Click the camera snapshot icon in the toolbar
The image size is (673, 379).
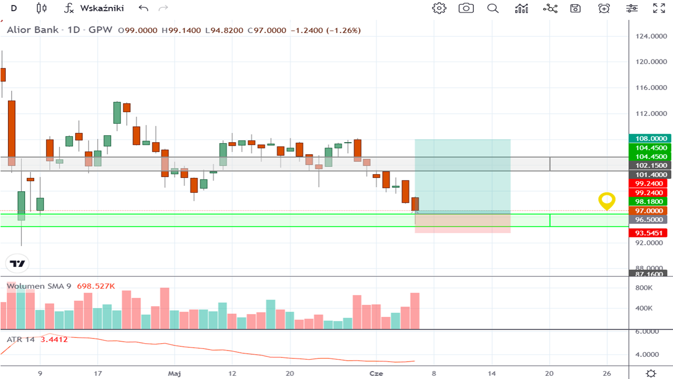point(466,8)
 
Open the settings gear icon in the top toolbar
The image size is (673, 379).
point(439,8)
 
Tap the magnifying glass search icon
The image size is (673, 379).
point(493,8)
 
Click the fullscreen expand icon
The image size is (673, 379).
point(658,8)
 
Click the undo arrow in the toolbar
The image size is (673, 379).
point(144,8)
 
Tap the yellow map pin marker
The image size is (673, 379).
point(607,201)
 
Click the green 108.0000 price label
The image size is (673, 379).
point(648,138)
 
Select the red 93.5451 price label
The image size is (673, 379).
point(648,233)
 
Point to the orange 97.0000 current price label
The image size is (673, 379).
point(648,211)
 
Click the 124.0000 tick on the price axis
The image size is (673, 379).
point(648,36)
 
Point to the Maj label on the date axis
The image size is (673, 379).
point(175,373)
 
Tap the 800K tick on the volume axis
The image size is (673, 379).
point(644,288)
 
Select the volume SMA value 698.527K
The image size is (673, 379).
point(96,286)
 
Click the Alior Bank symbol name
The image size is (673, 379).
point(32,30)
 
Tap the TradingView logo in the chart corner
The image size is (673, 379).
point(17,264)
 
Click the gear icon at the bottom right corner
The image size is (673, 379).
point(651,373)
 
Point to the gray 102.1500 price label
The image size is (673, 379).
point(648,165)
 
